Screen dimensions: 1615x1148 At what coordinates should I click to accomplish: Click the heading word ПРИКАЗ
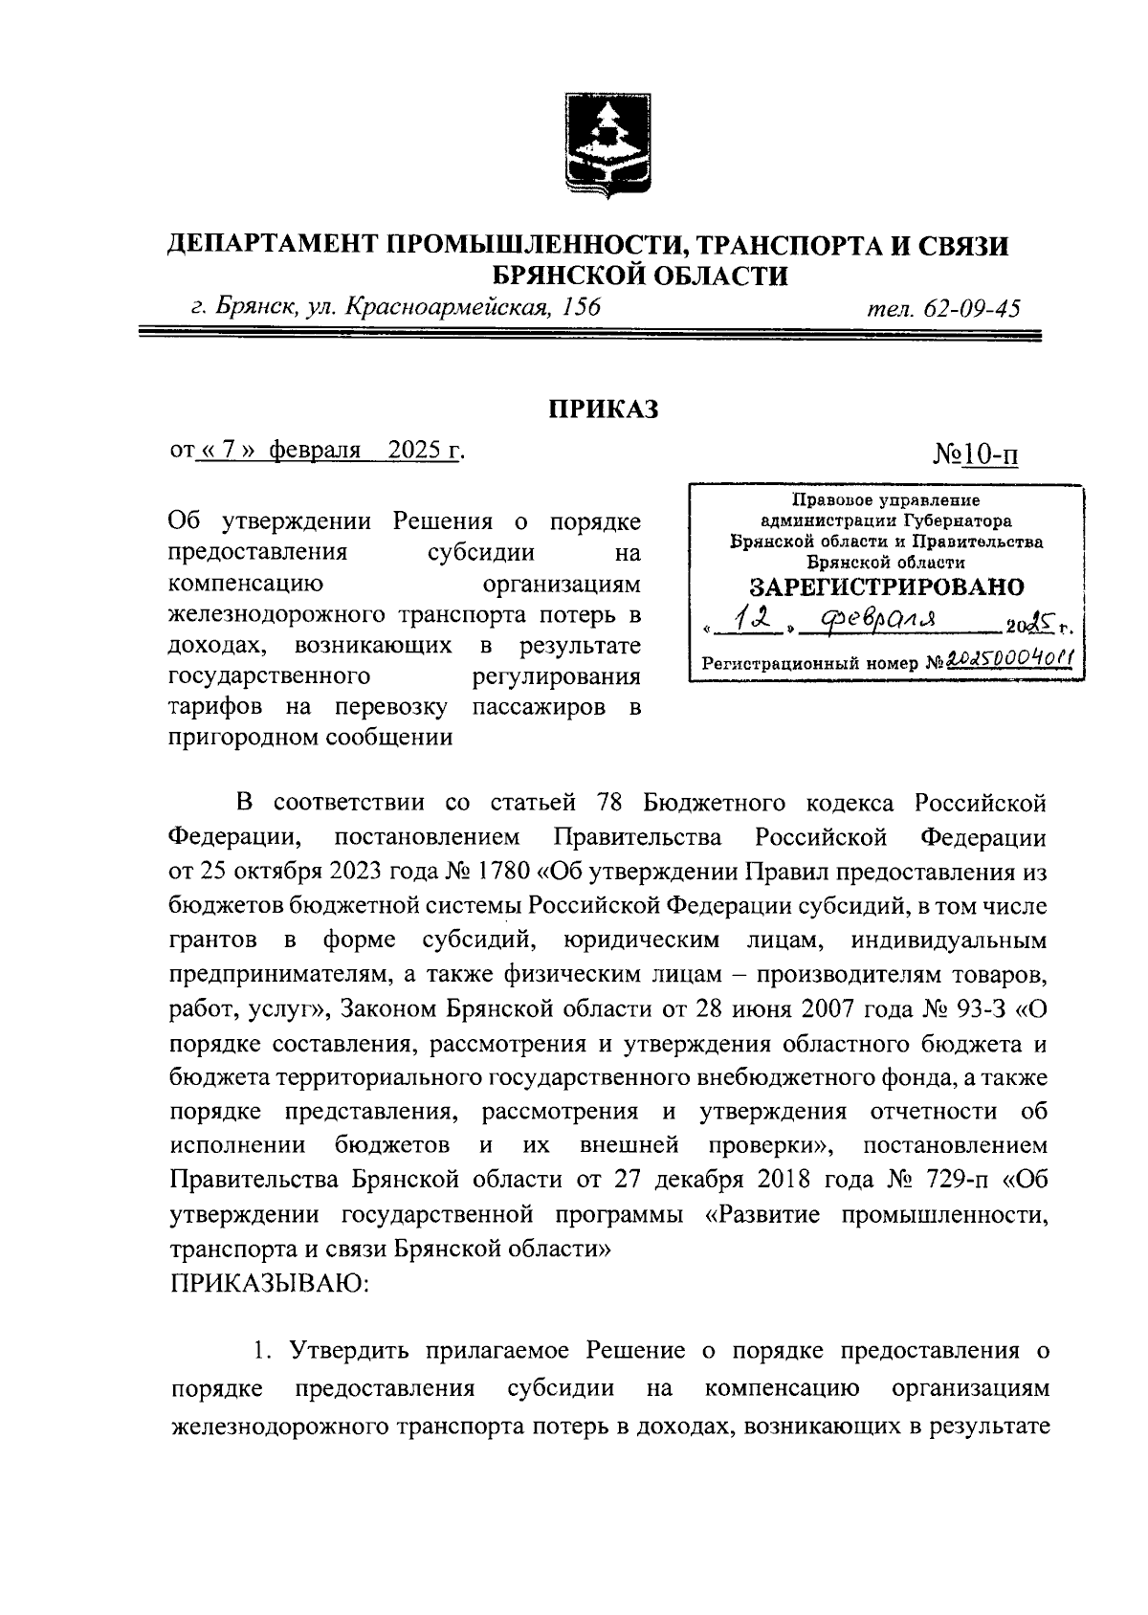(604, 409)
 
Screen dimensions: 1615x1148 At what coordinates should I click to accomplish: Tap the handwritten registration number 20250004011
(1005, 661)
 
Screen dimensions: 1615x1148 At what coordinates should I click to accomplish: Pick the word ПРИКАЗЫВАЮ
(270, 1283)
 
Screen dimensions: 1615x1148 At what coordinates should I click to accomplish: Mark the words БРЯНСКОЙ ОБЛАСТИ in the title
(640, 277)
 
